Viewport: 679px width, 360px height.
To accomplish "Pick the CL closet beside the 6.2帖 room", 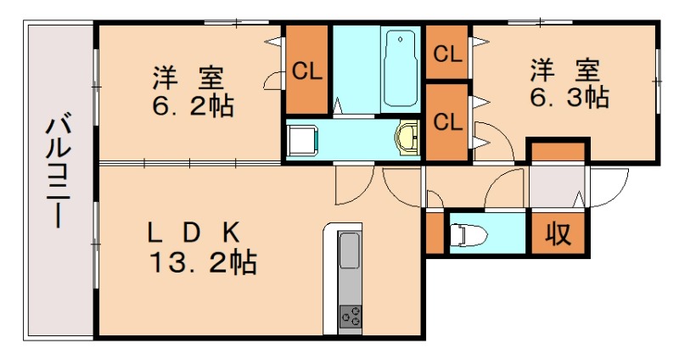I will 306,71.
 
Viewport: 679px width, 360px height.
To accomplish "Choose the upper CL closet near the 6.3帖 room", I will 447,53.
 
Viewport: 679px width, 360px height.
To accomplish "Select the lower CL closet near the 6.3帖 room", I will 447,121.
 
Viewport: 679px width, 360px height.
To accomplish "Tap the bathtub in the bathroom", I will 399,68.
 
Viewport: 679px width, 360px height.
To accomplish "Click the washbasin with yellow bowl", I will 409,136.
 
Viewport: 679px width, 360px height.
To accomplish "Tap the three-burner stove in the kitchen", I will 349,317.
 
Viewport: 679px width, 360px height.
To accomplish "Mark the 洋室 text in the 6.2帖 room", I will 188,78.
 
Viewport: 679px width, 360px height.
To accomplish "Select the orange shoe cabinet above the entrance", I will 557,152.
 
